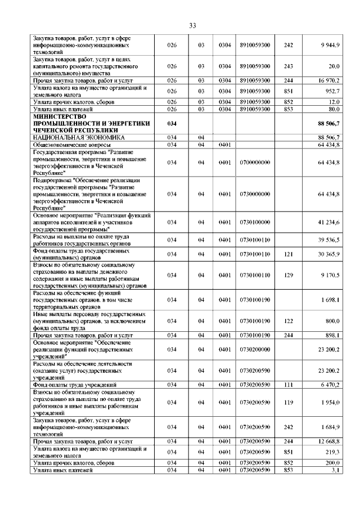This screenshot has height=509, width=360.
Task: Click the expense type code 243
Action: point(289,66)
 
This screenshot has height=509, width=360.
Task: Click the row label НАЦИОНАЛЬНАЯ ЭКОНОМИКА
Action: point(79,137)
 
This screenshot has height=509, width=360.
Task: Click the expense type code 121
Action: point(289,255)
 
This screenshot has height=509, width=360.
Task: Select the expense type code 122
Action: point(289,320)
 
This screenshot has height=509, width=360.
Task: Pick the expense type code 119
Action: point(289,402)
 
